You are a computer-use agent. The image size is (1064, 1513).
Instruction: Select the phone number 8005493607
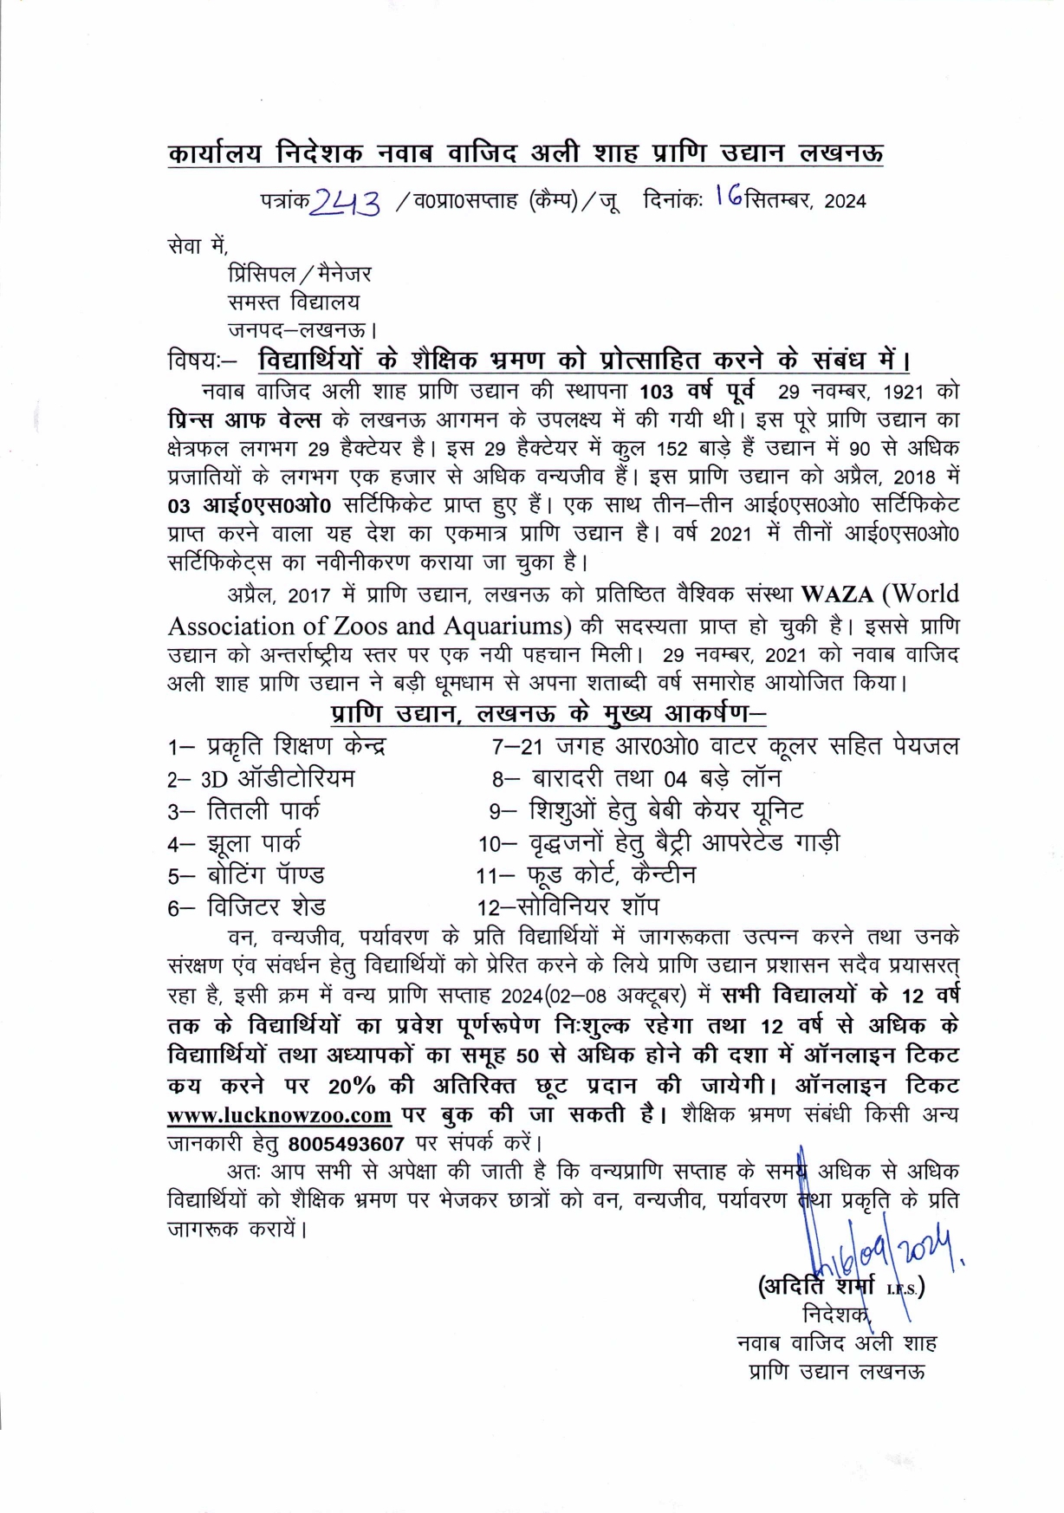tap(347, 1143)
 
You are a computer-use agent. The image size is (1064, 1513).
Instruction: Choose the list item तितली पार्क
tap(263, 811)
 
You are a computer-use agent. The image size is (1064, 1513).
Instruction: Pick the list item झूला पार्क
tap(254, 843)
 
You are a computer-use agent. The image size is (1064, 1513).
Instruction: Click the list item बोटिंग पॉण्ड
tap(265, 875)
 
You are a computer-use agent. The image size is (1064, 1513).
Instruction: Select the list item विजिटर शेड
tap(266, 907)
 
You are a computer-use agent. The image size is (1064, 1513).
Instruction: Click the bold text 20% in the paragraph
tap(352, 1086)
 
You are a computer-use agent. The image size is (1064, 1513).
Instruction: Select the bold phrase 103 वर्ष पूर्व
tap(697, 391)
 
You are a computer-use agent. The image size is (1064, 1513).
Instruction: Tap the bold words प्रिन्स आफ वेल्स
tap(244, 420)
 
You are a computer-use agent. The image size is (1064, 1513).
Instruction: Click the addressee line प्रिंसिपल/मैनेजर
tap(300, 275)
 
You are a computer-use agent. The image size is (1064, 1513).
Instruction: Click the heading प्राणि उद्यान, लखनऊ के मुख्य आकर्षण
tap(548, 714)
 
